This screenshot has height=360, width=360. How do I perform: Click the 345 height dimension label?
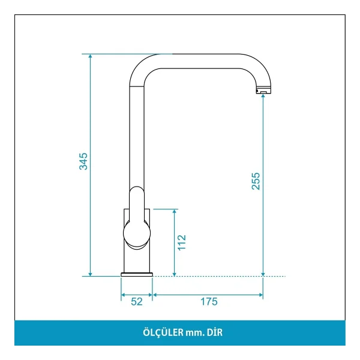pos(83,161)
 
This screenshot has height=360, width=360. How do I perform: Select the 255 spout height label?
pos(256,181)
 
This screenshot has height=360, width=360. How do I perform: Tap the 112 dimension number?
pos(182,242)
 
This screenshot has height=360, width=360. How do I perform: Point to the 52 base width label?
pos(137,302)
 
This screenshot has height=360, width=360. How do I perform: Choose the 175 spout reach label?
pos(209,302)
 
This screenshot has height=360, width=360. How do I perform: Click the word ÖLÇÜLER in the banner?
pos(163,332)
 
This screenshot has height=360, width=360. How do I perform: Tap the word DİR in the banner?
pos(215,332)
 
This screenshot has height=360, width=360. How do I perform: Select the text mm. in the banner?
pos(195,333)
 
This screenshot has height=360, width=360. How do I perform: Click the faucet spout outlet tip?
pos(263,91)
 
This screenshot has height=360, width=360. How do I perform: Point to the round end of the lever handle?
pos(137,233)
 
